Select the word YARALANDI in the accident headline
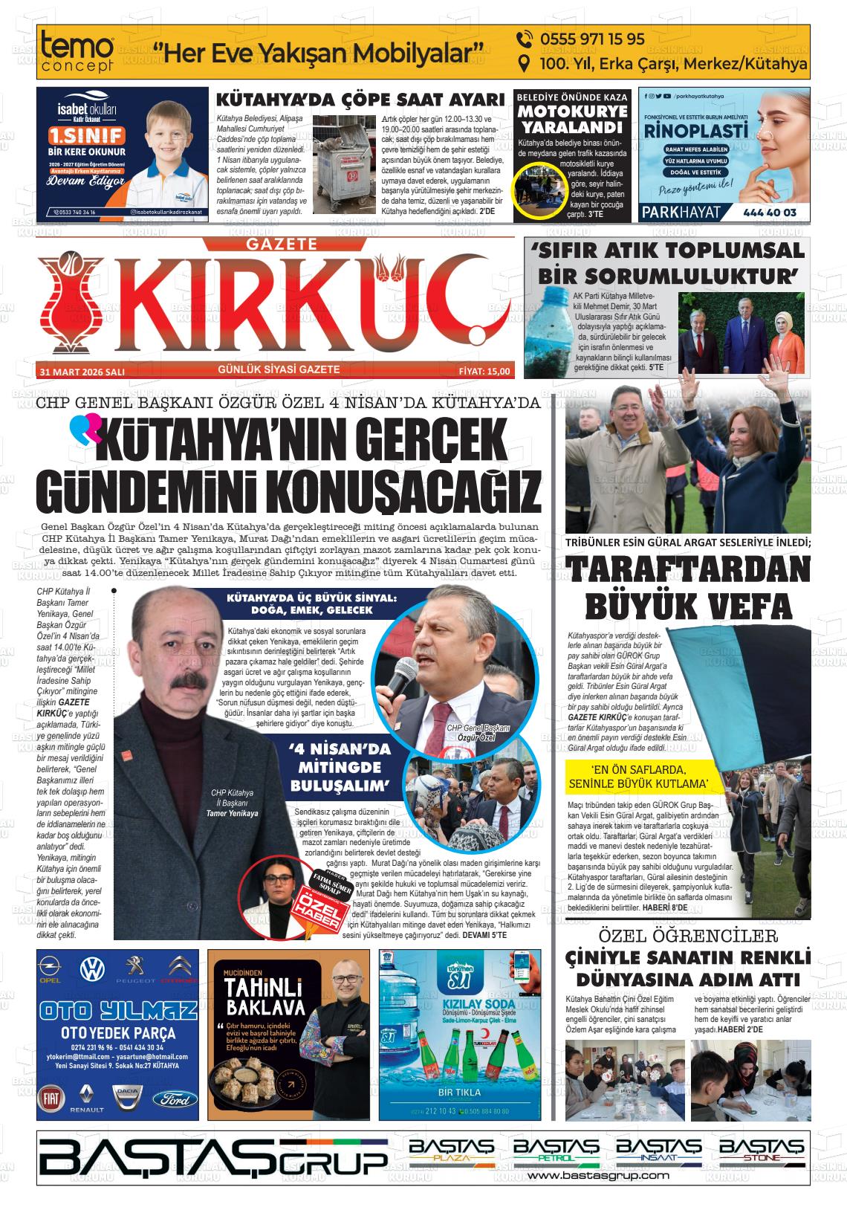[x=572, y=126]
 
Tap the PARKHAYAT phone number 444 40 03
[x=769, y=213]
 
